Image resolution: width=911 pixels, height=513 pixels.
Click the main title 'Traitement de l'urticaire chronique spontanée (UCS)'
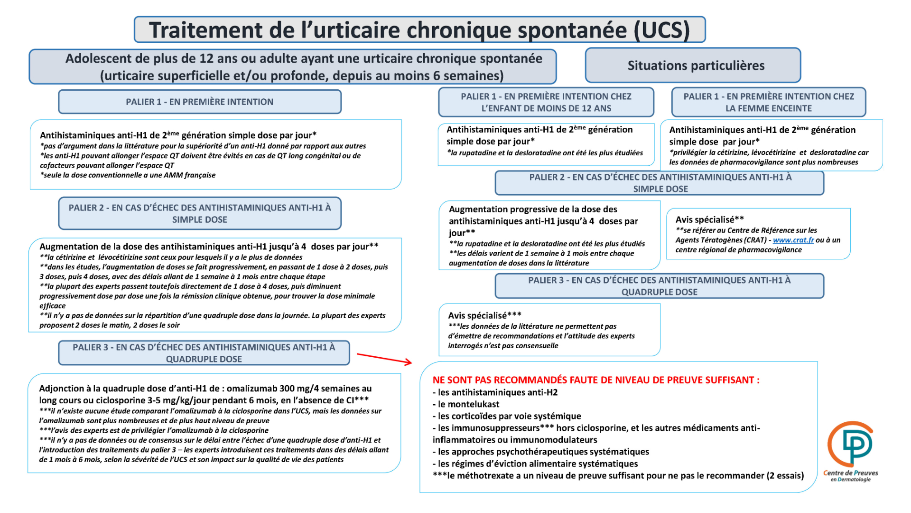(419, 30)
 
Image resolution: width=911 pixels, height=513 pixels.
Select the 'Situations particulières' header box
(696, 66)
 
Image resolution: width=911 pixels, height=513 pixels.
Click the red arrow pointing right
(384, 359)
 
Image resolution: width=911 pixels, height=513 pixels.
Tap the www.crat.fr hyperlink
(793, 240)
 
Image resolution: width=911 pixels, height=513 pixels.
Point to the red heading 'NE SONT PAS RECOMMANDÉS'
(595, 380)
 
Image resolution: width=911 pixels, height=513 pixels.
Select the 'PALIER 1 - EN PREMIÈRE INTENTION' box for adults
(199, 102)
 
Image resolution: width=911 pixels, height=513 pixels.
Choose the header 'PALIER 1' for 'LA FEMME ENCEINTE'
(768, 102)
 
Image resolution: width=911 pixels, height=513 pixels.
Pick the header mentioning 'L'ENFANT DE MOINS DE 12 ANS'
(546, 102)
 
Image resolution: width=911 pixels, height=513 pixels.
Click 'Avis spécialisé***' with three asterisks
(484, 315)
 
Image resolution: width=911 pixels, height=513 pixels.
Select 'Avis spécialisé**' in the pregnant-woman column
(709, 219)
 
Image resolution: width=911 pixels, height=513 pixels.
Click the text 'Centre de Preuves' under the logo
(850, 473)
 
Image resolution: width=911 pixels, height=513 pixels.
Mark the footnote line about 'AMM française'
(128, 175)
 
